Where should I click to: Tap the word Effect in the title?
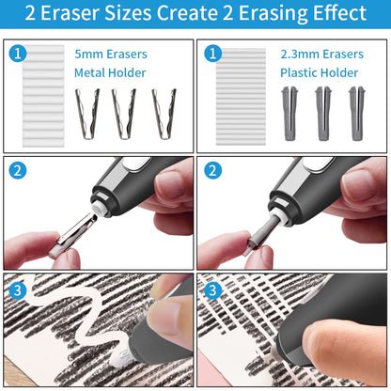(333, 14)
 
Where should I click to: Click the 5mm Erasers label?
(111, 55)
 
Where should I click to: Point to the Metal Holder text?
(111, 72)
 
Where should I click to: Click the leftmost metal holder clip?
(86, 113)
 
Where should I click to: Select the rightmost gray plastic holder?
(356, 113)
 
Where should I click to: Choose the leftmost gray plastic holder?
(289, 113)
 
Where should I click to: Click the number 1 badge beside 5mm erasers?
(17, 55)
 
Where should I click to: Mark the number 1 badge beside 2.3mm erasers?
(211, 55)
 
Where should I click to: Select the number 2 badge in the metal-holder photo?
(17, 171)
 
